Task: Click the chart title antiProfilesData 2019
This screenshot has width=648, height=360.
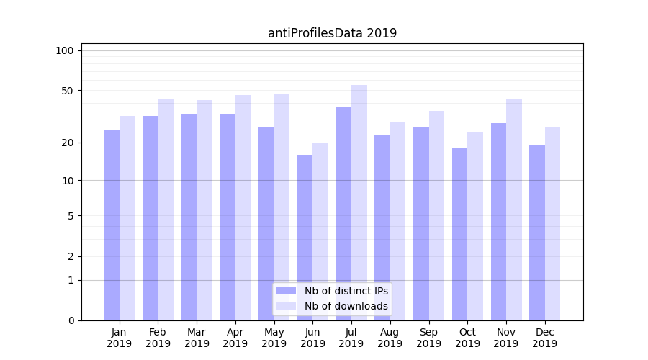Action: [332, 33]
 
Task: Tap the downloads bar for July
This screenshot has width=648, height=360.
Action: [359, 202]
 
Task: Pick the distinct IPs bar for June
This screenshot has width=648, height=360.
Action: [305, 238]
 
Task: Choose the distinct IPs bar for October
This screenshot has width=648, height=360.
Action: [459, 234]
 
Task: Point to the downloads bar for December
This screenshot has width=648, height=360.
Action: [552, 224]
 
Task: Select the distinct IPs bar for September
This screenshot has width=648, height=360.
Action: [421, 224]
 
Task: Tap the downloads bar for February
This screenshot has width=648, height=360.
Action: [166, 210]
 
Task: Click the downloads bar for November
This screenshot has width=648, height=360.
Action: [514, 210]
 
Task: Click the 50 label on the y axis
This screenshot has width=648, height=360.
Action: [67, 91]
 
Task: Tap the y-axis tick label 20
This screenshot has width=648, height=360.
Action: [67, 143]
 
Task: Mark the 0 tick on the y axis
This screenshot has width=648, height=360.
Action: [70, 320]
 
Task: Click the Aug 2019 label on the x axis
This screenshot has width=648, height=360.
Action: [390, 338]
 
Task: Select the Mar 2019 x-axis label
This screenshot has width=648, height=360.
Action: [197, 338]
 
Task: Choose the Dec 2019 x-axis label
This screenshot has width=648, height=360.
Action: [545, 338]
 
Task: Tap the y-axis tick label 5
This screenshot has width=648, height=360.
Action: [70, 215]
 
